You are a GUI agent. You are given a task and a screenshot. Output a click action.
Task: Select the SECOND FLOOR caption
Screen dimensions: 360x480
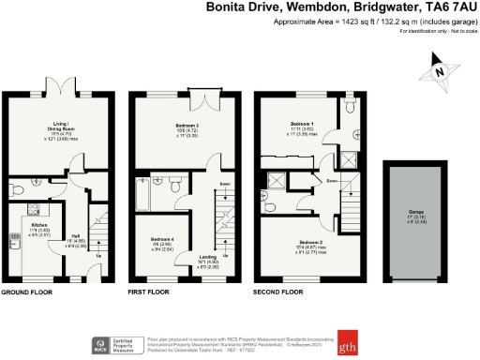277,292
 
